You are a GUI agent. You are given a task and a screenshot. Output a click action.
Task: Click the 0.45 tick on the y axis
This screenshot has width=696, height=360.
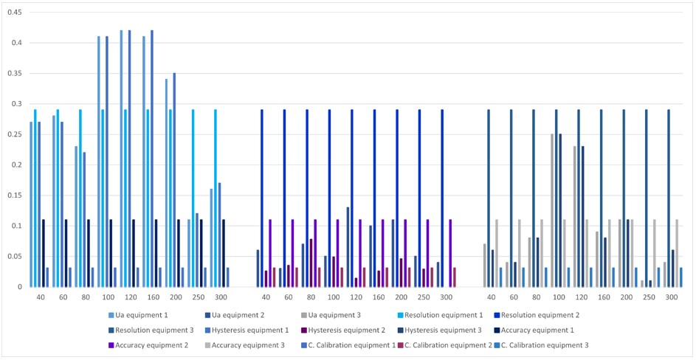14,13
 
